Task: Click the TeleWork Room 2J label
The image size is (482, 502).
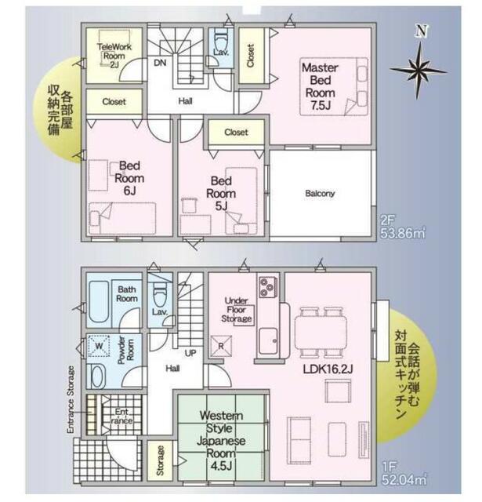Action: [114, 56]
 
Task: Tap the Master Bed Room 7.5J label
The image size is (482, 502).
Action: [320, 86]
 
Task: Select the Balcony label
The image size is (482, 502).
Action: [320, 194]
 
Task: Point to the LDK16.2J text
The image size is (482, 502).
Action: [328, 369]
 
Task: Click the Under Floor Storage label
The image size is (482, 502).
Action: [237, 310]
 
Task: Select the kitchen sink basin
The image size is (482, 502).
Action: [268, 341]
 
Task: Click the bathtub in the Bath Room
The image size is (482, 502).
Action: [100, 301]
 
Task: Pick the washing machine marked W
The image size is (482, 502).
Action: [99, 346]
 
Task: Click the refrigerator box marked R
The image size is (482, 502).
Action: [221, 346]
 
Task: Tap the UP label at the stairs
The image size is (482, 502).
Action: [190, 354]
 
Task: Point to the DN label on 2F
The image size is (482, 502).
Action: [160, 63]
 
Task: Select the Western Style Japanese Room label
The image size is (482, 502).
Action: [221, 441]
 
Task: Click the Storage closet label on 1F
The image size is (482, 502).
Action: [160, 460]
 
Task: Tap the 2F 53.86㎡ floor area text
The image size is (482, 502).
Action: [403, 227]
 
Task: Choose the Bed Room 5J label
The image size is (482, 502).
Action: [221, 193]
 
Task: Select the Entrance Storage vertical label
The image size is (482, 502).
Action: [71, 399]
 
